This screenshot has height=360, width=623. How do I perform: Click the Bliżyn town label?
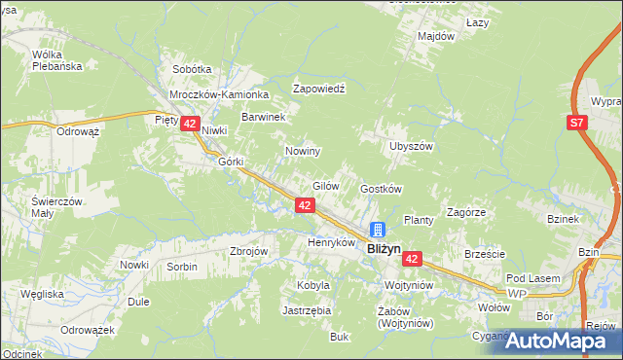tap(385, 249)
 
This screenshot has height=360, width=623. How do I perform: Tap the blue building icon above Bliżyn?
tap(378, 231)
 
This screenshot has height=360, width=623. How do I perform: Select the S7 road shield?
tap(577, 123)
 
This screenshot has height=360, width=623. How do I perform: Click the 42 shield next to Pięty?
tap(190, 124)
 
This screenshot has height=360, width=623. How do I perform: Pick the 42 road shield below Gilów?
tap(305, 205)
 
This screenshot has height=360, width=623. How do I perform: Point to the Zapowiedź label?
tap(320, 87)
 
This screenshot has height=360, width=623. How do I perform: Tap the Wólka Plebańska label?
tap(54, 60)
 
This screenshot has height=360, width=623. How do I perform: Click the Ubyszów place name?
tap(410, 146)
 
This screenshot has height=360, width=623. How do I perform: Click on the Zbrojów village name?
tap(248, 250)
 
